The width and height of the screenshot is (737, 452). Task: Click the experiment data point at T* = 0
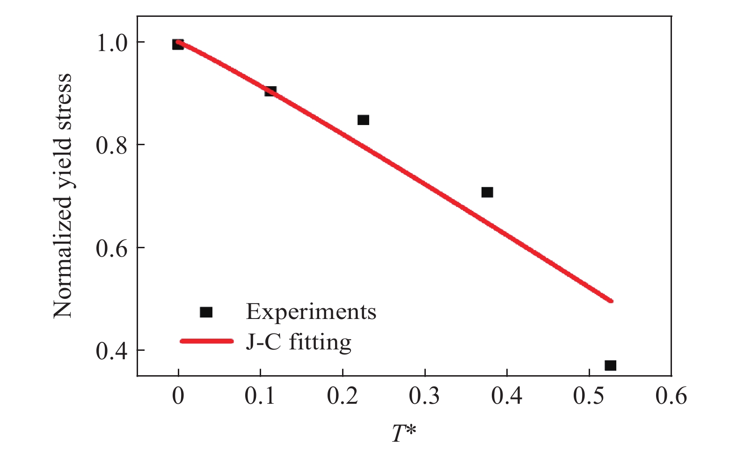click(x=178, y=44)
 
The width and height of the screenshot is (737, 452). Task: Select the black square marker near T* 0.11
click(x=270, y=91)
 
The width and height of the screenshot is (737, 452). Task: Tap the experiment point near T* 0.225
click(x=363, y=120)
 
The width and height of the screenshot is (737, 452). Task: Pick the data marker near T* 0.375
click(x=487, y=192)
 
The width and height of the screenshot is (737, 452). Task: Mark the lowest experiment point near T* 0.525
click(x=610, y=365)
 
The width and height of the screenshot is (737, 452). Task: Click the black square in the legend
click(x=206, y=312)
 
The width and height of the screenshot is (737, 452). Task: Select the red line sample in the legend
click(x=206, y=341)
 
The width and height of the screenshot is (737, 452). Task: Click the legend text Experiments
click(x=311, y=311)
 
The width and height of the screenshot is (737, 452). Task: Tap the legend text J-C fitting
click(x=298, y=341)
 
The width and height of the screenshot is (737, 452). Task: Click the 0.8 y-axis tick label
click(x=111, y=145)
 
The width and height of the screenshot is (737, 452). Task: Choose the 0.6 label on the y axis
click(x=111, y=248)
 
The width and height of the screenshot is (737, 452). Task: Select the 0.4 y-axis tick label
click(x=111, y=351)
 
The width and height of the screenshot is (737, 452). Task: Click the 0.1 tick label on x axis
click(x=260, y=396)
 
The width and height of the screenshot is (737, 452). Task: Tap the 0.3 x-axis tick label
click(x=424, y=396)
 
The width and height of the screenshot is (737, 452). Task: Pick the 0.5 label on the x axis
click(x=589, y=396)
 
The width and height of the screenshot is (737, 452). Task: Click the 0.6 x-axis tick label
click(x=671, y=396)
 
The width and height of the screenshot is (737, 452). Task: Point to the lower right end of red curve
click(x=610, y=300)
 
